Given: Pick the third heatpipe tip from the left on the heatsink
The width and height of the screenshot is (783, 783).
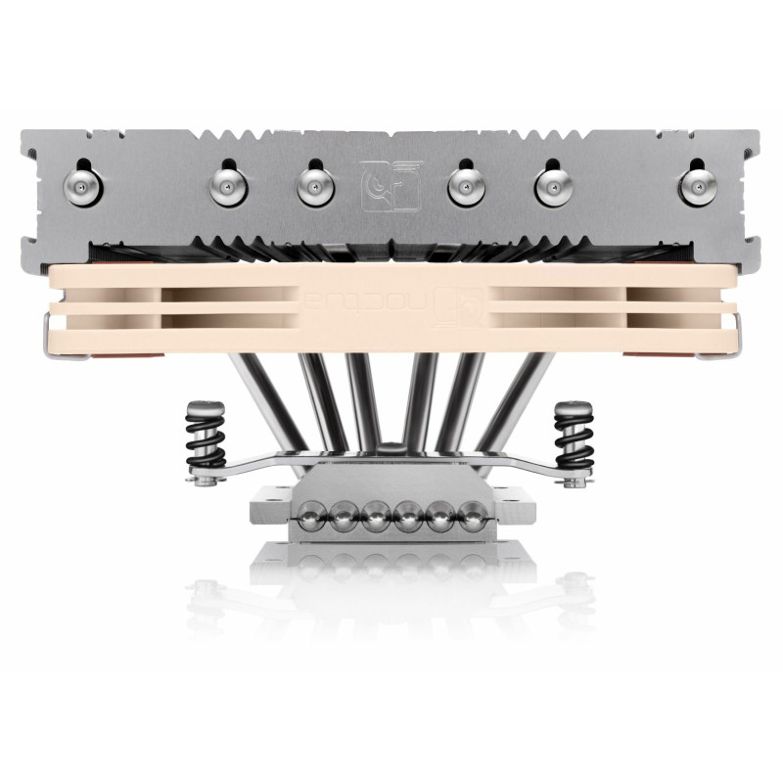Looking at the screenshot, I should point(311,182).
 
